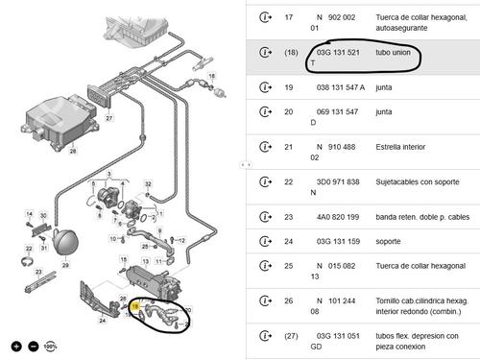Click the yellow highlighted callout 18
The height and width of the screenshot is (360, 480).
pyautogui.click(x=137, y=308)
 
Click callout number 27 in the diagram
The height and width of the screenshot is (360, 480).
pyautogui.click(x=108, y=118)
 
